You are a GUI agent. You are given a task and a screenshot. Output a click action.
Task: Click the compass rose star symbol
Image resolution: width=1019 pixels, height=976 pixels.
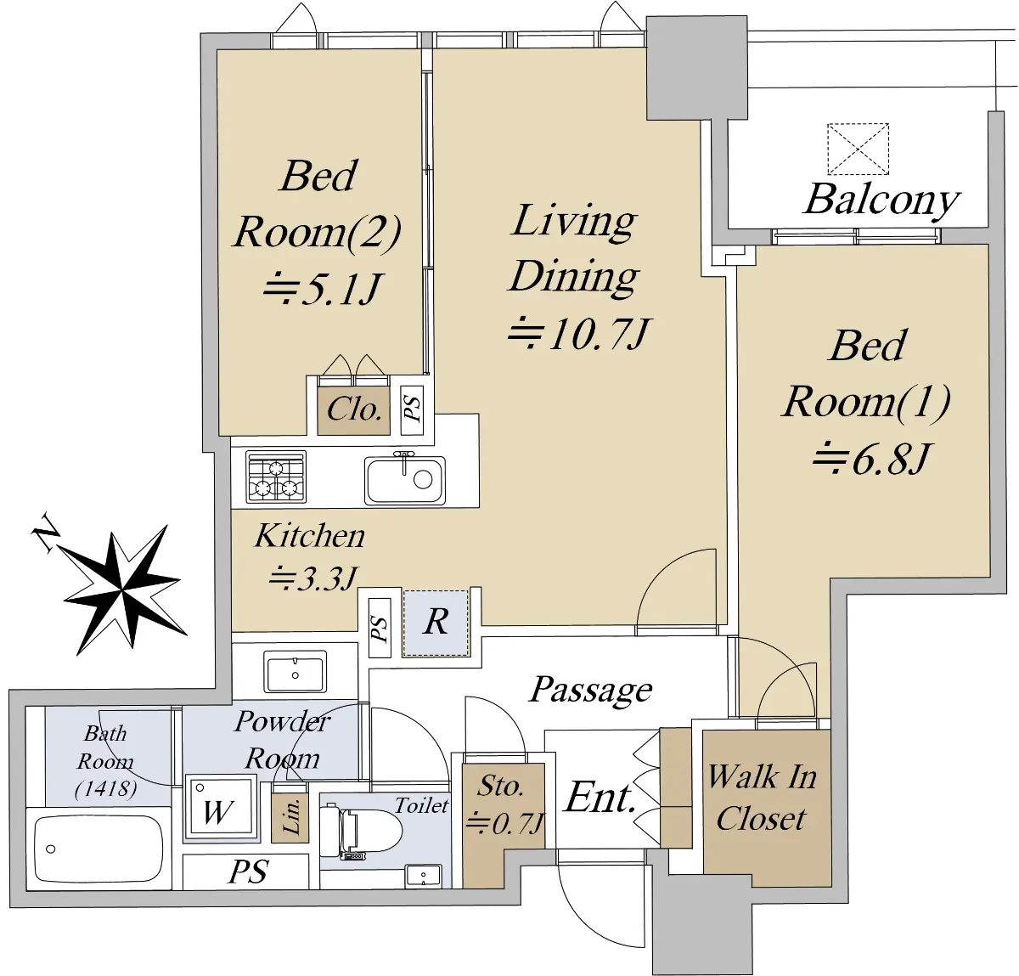(122, 590)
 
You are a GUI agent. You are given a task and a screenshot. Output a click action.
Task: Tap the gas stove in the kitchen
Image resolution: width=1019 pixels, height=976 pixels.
(276, 477)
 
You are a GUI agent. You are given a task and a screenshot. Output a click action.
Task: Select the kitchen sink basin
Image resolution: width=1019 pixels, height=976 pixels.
(405, 480)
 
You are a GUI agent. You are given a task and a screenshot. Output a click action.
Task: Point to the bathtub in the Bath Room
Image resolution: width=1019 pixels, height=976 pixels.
(99, 849)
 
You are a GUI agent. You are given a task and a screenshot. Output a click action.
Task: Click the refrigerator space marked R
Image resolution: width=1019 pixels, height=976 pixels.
(436, 623)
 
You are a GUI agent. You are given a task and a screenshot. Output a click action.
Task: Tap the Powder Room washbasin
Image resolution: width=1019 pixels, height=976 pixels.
(296, 672)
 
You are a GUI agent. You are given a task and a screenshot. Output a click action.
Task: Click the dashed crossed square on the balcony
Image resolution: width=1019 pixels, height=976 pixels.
(858, 149)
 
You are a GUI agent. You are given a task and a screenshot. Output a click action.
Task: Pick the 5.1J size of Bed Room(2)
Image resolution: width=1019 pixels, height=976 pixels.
(320, 288)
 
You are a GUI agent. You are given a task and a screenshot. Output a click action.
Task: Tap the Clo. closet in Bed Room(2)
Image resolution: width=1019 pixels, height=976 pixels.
(354, 409)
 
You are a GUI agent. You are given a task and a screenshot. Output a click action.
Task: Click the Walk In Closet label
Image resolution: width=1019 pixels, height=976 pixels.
(763, 798)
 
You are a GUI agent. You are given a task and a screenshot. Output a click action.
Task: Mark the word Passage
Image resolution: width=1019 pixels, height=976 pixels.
(592, 690)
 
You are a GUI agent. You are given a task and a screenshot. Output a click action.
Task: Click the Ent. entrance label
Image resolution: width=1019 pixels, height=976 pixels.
(600, 798)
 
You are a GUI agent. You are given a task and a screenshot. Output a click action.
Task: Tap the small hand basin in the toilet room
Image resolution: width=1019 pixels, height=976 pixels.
(423, 875)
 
